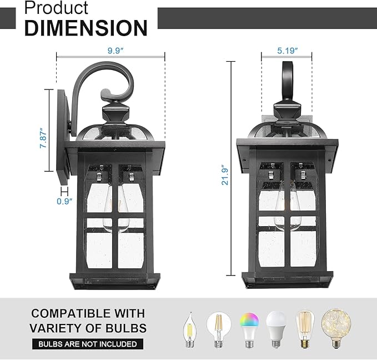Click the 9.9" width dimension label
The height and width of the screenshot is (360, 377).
coord(115,50)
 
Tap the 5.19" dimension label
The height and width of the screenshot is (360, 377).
coord(288,50)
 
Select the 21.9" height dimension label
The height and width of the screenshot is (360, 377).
coord(224,175)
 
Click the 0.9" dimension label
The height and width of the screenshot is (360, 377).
coord(64,202)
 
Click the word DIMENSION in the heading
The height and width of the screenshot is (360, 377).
coord(86,27)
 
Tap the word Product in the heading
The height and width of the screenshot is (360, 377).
coord(57,8)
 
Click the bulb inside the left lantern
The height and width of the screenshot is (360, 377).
coord(113,214)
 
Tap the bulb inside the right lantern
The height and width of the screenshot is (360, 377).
coord(283,214)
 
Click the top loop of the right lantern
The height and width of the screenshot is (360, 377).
coord(288,81)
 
